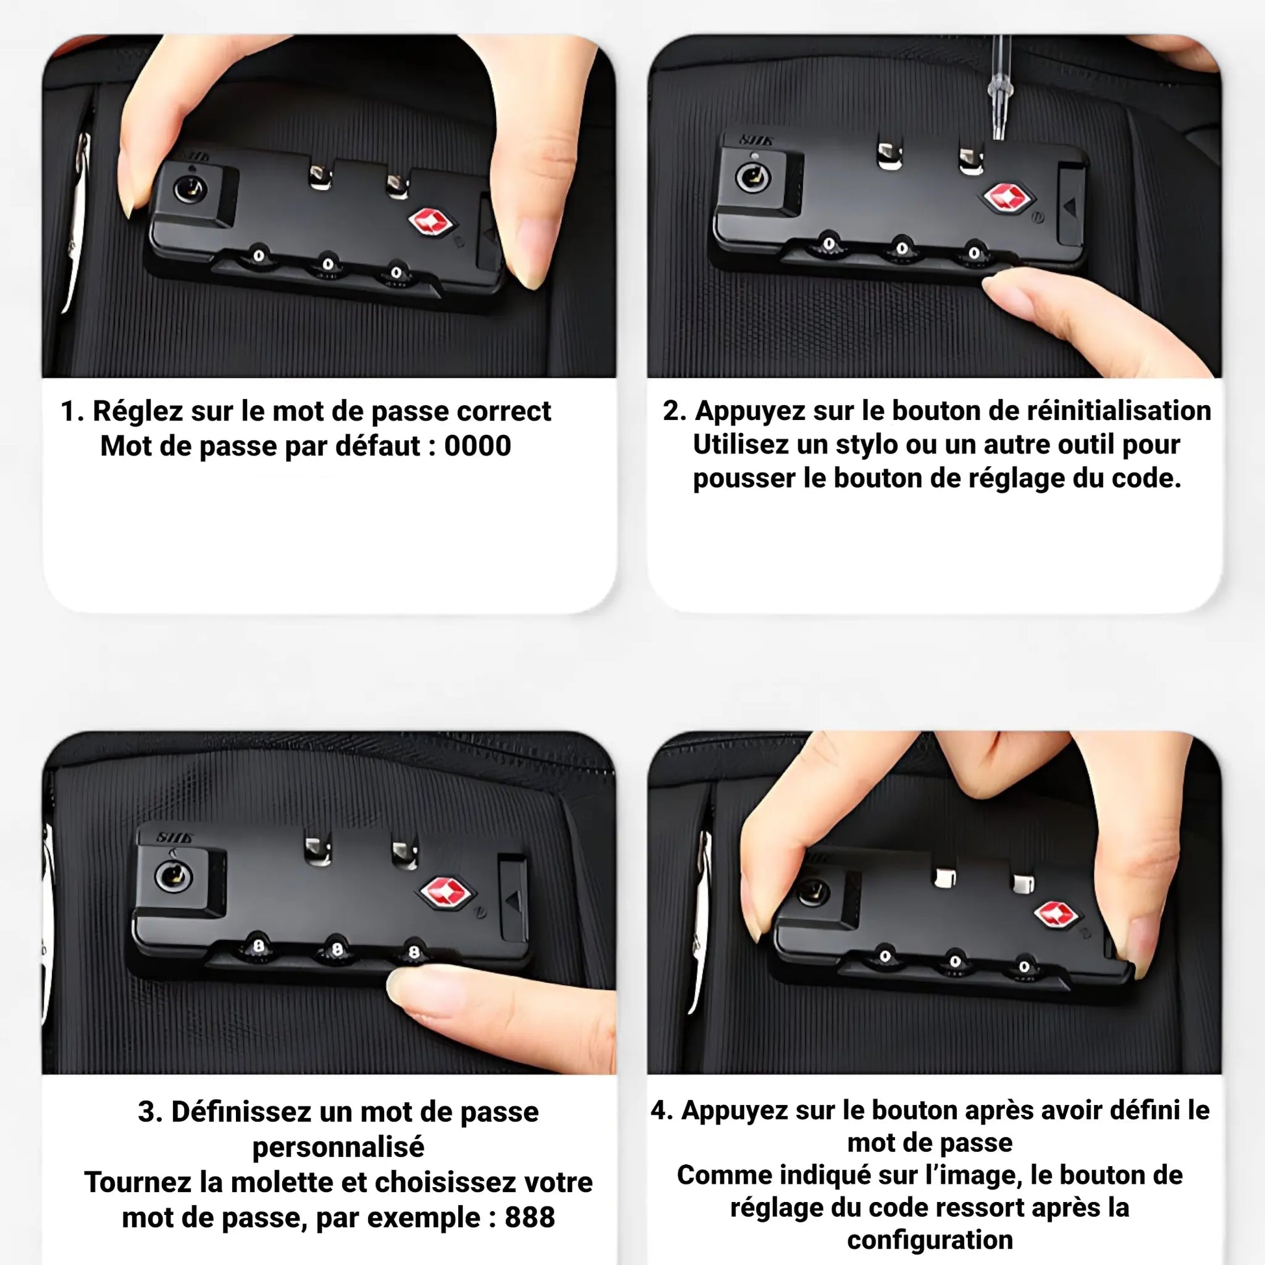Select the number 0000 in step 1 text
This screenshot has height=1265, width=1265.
[x=477, y=447]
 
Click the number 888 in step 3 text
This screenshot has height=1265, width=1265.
[x=529, y=1217]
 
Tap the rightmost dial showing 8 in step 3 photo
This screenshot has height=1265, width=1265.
[x=414, y=951]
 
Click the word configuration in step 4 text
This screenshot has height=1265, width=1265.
[x=930, y=1240]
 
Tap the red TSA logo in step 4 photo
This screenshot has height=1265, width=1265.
[x=1055, y=915]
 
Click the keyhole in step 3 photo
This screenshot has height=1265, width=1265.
[x=173, y=876]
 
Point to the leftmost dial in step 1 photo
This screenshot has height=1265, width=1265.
[x=259, y=256]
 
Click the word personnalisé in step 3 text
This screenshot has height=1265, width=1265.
[x=338, y=1147]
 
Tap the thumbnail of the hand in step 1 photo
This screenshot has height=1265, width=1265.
[x=530, y=255]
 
